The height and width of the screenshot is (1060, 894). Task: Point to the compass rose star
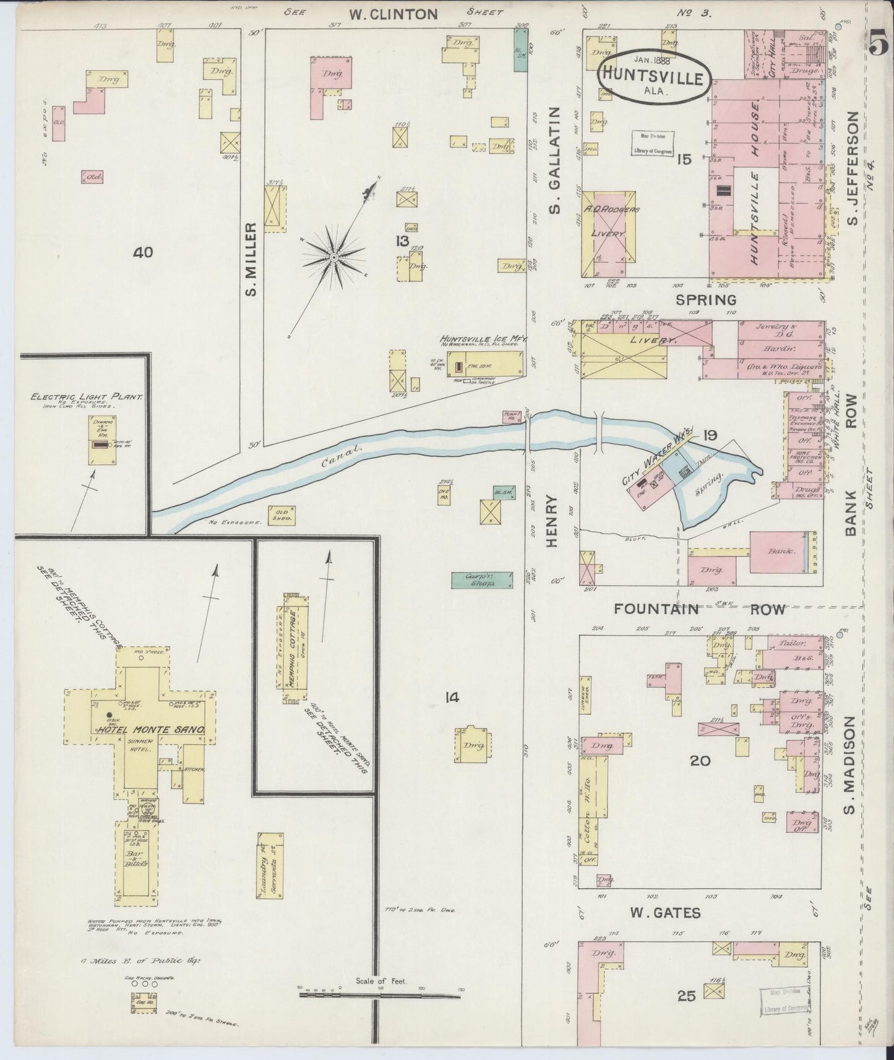333,256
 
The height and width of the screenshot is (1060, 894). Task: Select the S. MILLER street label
250,260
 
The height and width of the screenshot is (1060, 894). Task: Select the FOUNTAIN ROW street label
699,609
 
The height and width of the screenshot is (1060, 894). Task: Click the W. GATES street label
664,912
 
